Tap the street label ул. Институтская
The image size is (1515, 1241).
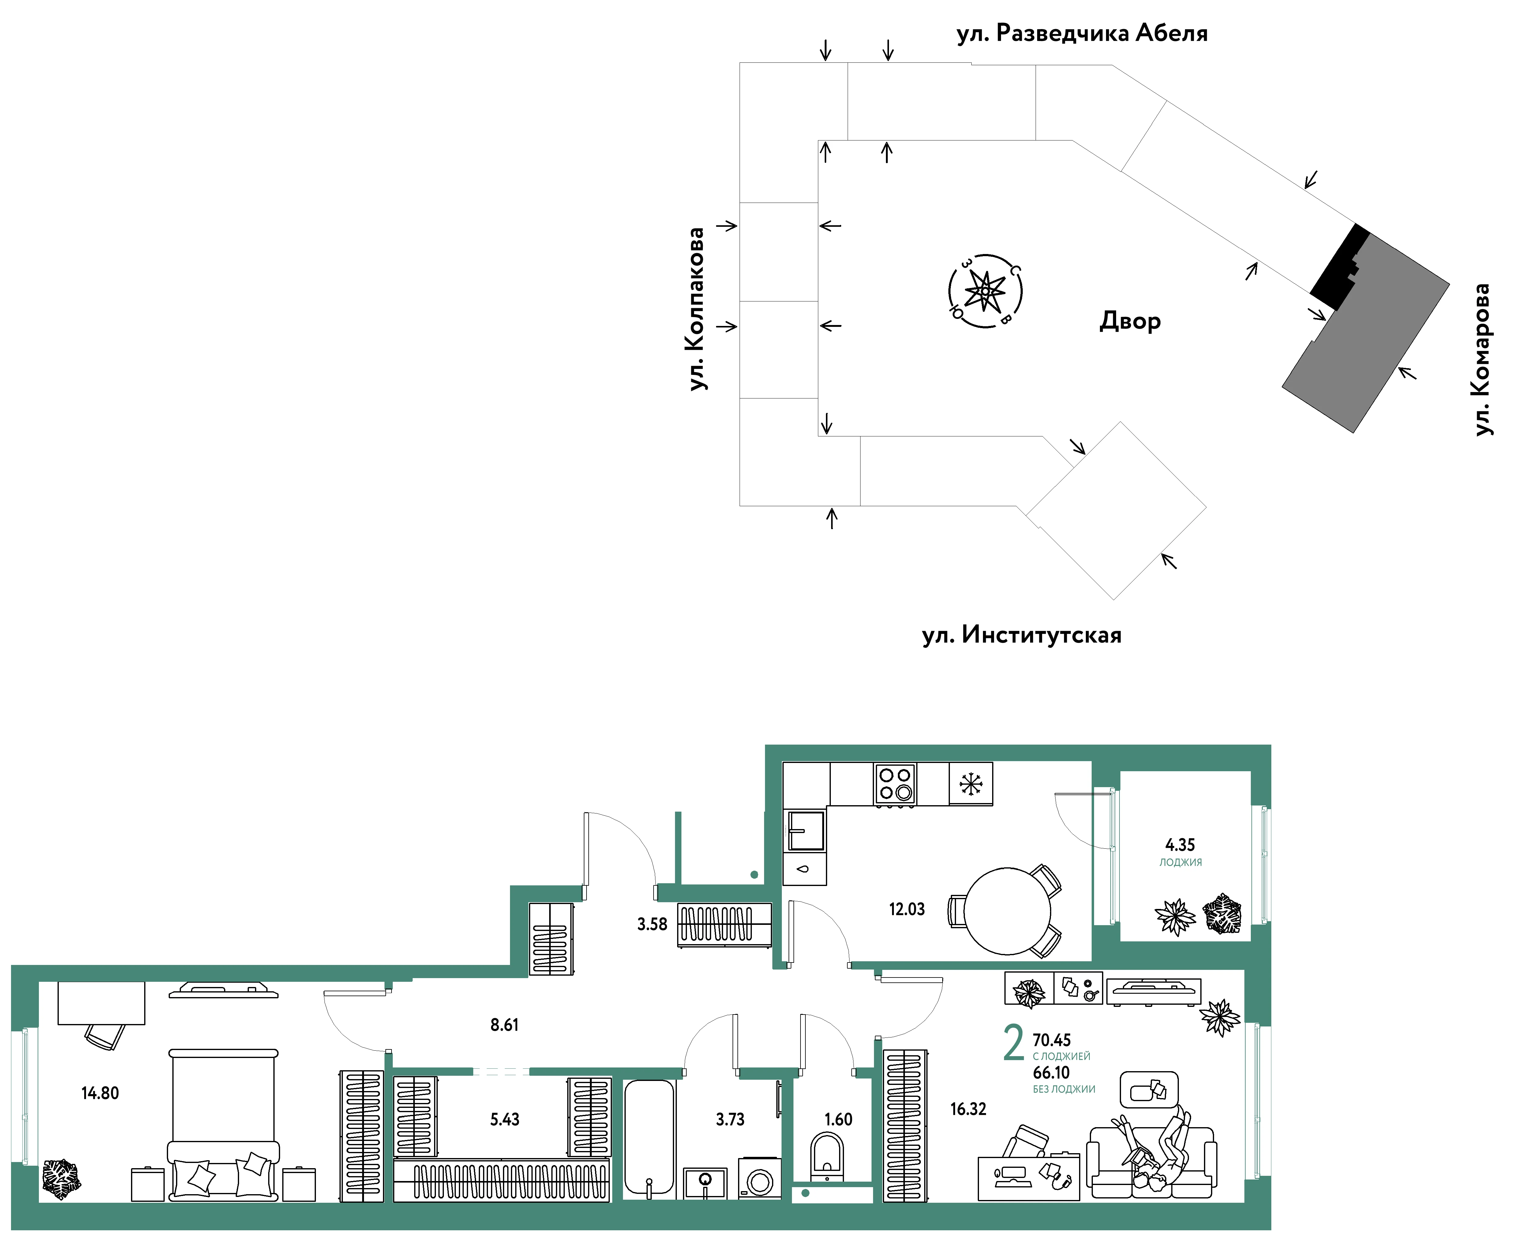(1022, 635)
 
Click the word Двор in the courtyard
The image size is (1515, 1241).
(1130, 321)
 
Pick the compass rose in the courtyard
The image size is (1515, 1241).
(985, 291)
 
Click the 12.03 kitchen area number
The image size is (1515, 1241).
(906, 909)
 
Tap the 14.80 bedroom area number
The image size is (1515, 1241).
(100, 1093)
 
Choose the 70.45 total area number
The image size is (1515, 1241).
(1052, 1040)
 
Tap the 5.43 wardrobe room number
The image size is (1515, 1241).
(505, 1120)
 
